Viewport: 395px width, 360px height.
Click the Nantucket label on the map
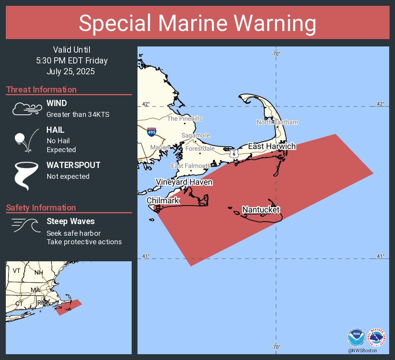click(261, 209)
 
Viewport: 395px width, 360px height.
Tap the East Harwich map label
click(272, 146)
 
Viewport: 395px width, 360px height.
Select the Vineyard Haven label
click(184, 182)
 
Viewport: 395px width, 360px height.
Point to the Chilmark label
click(163, 201)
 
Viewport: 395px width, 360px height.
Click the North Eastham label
click(277, 122)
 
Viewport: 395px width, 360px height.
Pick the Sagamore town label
click(196, 135)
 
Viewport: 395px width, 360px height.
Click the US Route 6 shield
click(234, 153)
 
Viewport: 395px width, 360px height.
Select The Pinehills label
click(185, 118)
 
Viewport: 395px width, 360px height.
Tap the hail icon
click(26, 140)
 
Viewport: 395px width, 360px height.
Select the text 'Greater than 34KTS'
click(78, 114)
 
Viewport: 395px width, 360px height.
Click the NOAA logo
click(356, 337)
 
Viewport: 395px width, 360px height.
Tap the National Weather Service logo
click(376, 337)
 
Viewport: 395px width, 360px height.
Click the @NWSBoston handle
click(362, 350)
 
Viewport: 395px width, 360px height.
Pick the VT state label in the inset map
click(16, 271)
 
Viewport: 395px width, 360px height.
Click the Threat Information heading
click(41, 89)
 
